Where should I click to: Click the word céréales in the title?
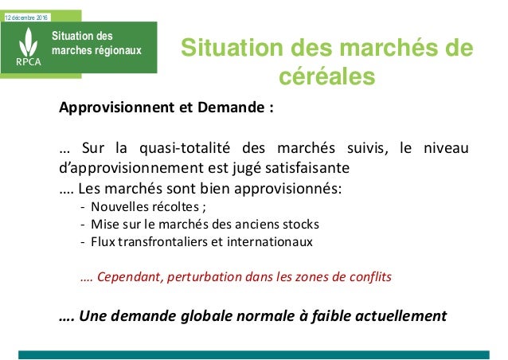coord(326,78)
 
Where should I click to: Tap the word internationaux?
coord(273,241)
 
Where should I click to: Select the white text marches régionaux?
coord(96,50)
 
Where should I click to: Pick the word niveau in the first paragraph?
coord(445,148)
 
